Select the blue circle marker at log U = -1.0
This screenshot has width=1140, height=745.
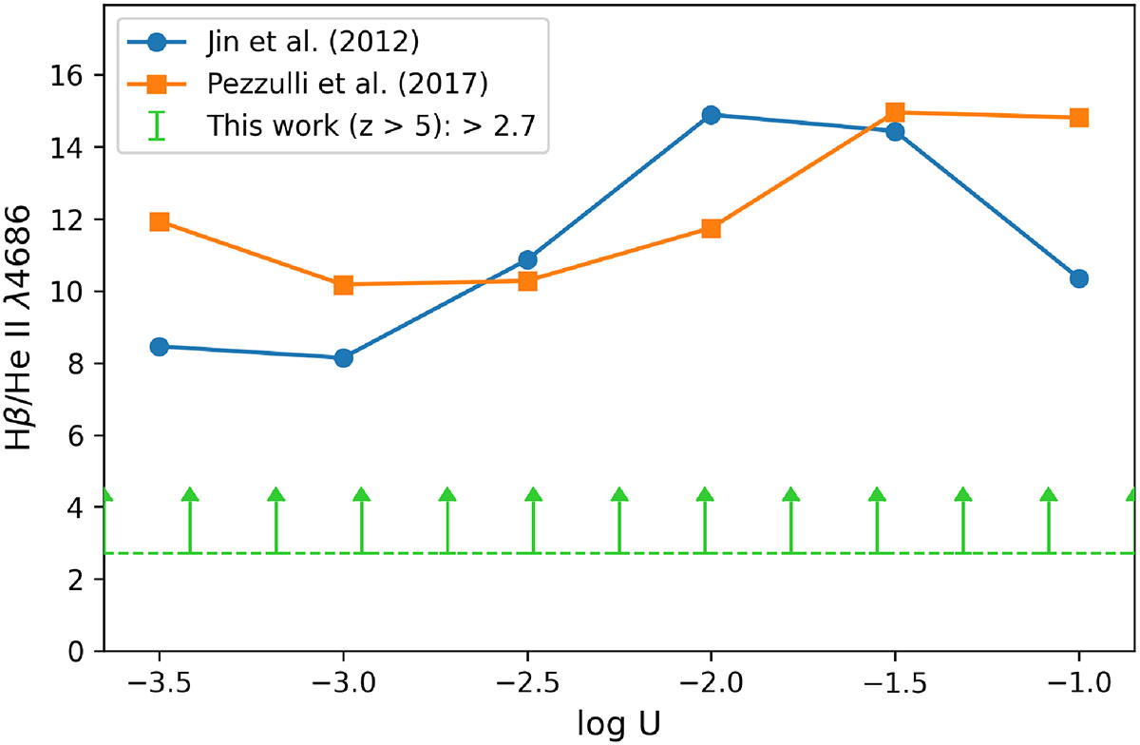1078,278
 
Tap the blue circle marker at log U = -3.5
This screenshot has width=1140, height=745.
160,347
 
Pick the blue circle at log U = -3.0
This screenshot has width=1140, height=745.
343,357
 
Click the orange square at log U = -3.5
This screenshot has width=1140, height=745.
160,221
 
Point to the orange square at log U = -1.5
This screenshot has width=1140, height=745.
895,112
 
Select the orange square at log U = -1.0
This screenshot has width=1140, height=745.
1078,118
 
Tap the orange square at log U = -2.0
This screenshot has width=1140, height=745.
711,228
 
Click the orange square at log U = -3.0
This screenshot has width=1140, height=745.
343,284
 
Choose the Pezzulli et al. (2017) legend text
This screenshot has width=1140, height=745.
349,85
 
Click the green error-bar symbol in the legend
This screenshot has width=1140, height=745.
158,125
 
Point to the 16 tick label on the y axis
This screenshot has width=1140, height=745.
70,75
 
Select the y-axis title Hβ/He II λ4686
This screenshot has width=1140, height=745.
26,342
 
